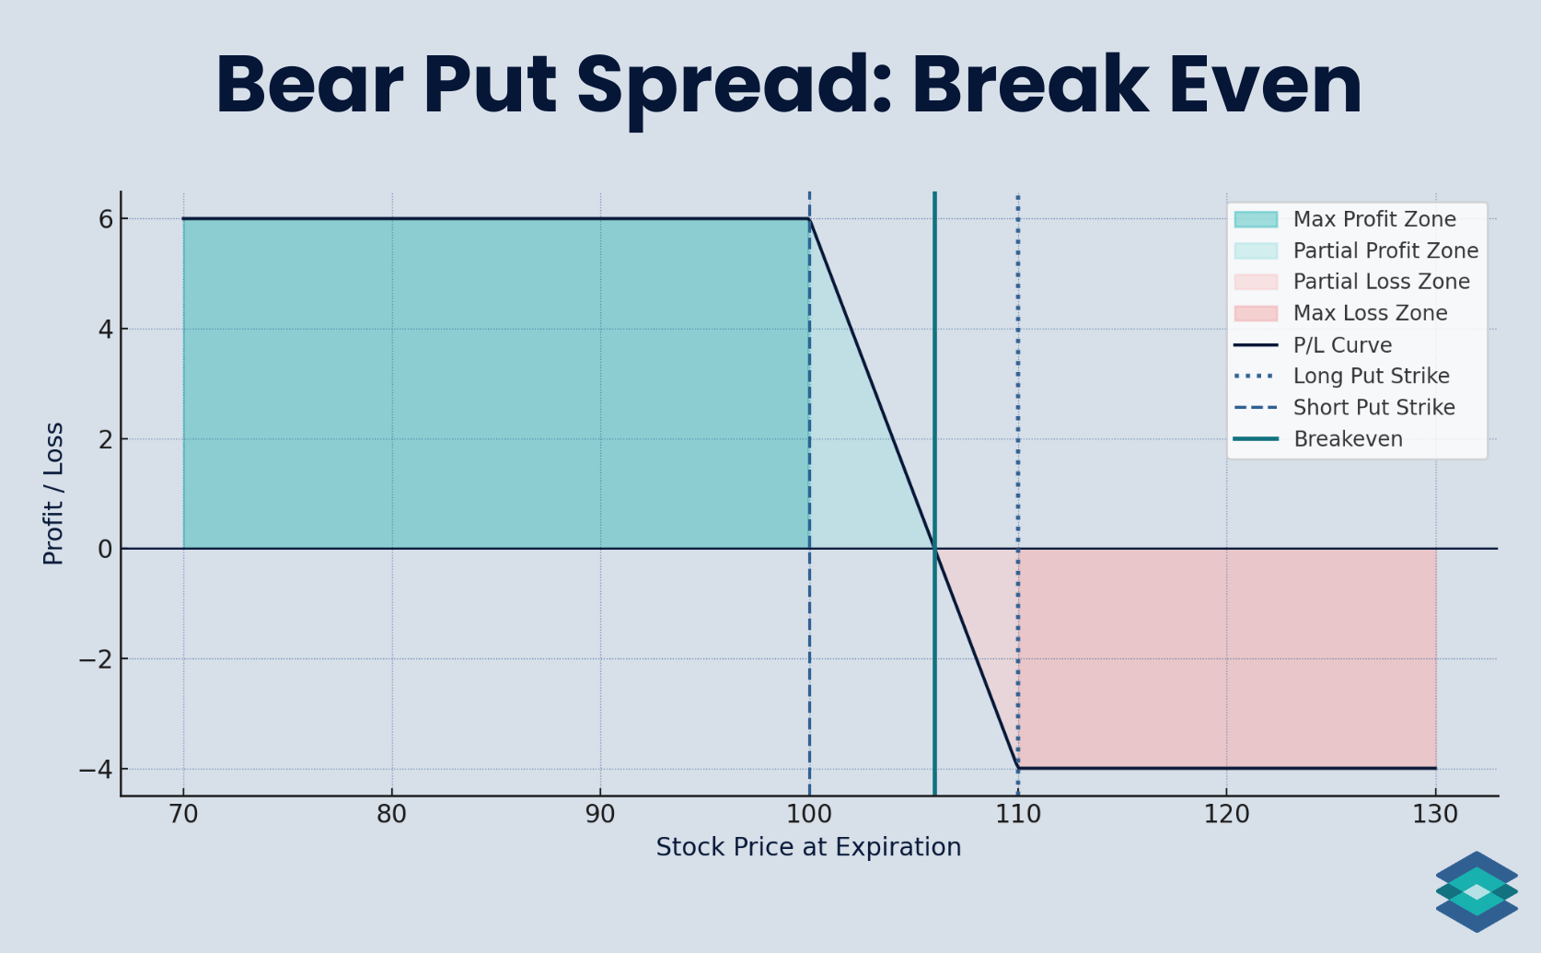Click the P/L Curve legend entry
1342,345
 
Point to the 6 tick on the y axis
106,219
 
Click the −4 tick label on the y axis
96,769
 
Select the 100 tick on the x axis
809,814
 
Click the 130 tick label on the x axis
1435,814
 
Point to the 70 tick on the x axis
183,814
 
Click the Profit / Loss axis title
53,494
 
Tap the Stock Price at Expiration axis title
808,847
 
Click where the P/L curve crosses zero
934,549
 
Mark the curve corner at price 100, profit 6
809,219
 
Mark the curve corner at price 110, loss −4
1018,768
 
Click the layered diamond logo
1477,891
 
